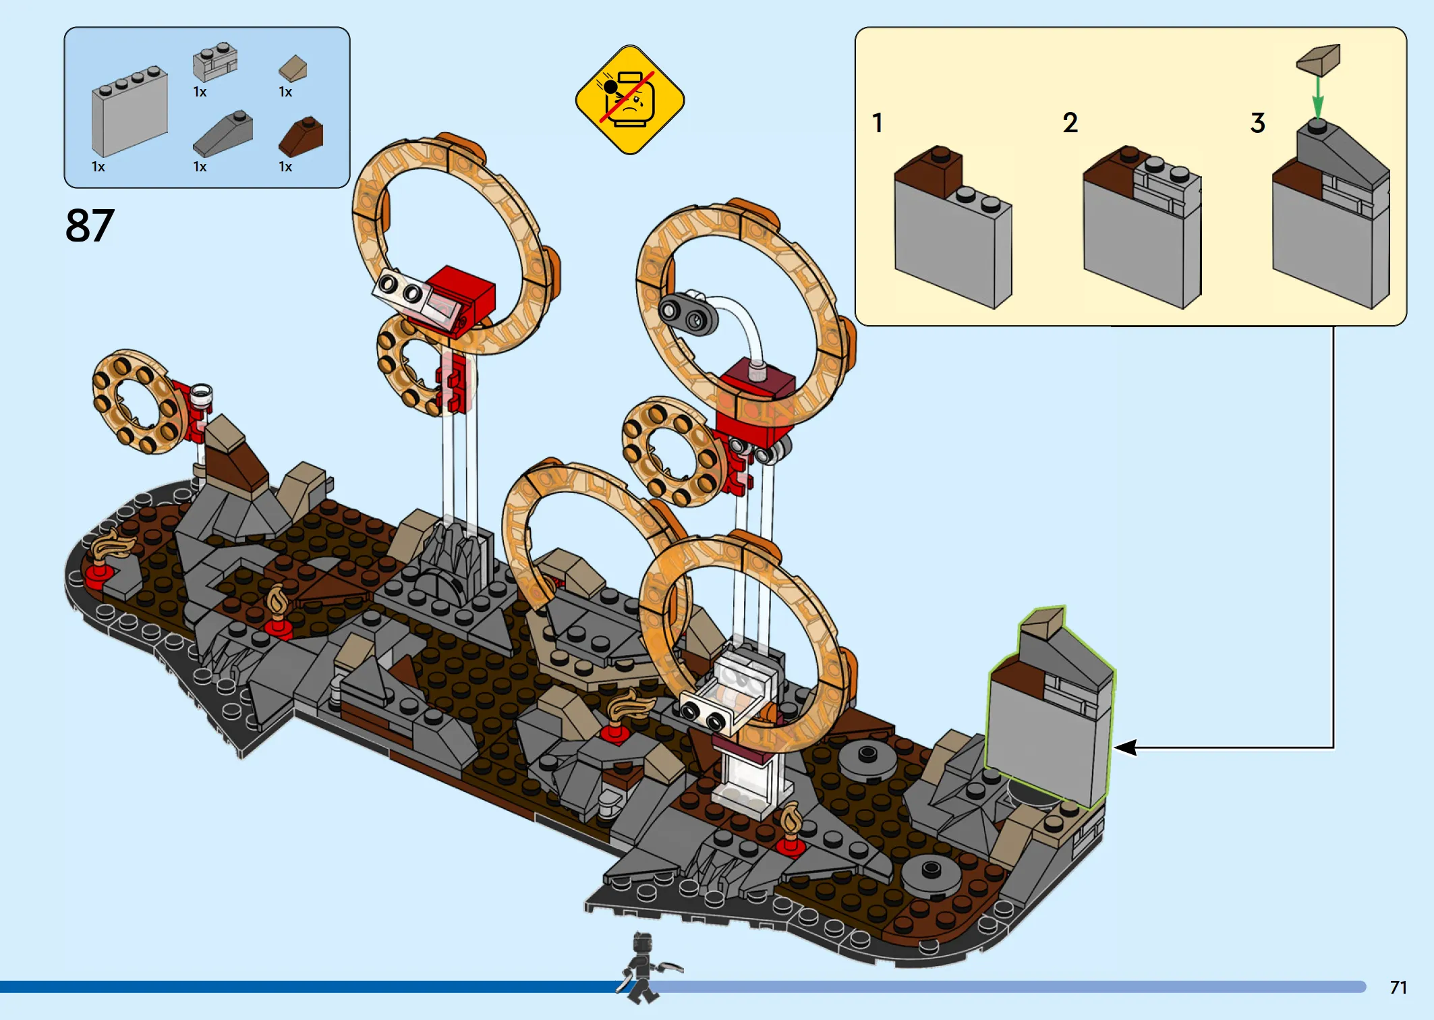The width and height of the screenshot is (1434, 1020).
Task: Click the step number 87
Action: [90, 225]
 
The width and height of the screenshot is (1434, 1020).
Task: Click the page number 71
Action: [1398, 988]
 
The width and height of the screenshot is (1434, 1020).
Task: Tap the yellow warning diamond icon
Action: [630, 100]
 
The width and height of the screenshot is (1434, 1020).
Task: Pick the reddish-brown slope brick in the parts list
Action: [301, 136]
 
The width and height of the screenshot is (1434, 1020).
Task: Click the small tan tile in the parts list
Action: [293, 69]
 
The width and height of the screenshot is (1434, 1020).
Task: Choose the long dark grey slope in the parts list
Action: [223, 134]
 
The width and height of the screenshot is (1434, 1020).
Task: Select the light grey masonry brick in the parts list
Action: [215, 61]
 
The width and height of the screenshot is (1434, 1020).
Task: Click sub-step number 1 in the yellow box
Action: [877, 123]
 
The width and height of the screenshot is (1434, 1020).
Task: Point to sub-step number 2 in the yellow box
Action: [1070, 123]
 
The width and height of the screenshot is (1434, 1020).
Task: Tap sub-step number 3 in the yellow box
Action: [1257, 123]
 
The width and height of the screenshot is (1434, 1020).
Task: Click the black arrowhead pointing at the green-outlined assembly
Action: [1124, 747]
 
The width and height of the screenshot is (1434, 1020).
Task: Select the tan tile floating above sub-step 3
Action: [1318, 60]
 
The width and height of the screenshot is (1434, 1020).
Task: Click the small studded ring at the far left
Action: [138, 401]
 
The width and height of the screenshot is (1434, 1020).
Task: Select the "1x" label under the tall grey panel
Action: [98, 167]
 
